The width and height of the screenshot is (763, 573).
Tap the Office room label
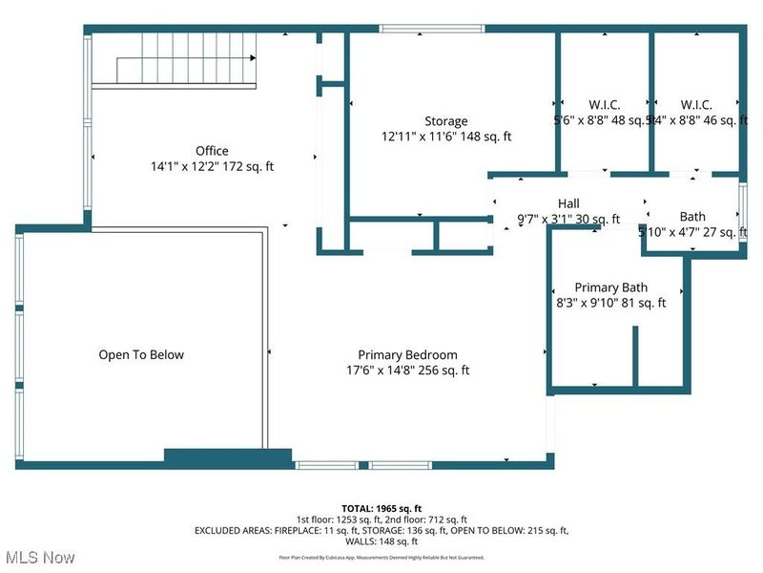[x=212, y=151]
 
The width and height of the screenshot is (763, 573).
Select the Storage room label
[x=446, y=121]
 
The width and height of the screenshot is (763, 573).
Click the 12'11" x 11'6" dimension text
[x=446, y=137]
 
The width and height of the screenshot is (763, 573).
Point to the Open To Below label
[x=141, y=354]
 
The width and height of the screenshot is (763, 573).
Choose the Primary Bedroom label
[x=407, y=354]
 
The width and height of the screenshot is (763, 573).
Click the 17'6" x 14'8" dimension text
[x=407, y=371]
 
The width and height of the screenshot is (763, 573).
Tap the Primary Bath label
[x=611, y=287]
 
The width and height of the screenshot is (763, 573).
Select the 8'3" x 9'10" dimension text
[x=611, y=303]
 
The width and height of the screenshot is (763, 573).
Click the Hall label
[x=568, y=203]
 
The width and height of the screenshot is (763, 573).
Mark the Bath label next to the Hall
[x=692, y=217]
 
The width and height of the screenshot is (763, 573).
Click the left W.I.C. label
[x=579, y=104]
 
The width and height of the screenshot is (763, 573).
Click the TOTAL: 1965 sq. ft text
[x=381, y=507]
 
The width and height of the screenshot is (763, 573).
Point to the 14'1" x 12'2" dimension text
[x=212, y=166]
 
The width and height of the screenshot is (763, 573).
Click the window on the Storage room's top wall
[x=432, y=29]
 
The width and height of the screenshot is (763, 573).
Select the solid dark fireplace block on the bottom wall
[x=228, y=457]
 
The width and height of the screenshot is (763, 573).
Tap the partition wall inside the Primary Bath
[x=633, y=356]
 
